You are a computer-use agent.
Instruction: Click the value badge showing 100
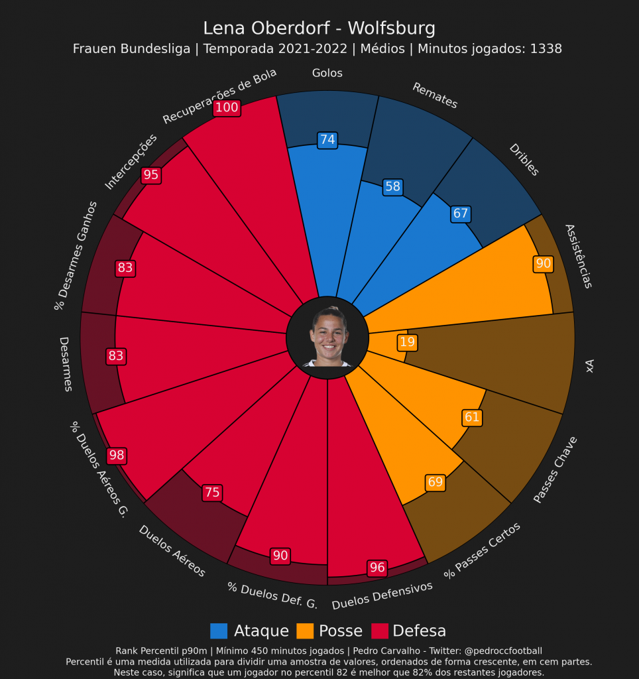(227, 107)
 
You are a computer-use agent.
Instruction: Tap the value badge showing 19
(407, 342)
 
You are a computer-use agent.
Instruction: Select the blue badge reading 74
(327, 140)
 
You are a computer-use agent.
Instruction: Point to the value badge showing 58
(392, 187)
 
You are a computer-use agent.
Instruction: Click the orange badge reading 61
(472, 418)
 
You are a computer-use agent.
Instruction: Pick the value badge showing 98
(116, 456)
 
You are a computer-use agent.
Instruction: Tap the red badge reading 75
(212, 493)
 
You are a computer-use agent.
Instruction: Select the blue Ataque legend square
(219, 631)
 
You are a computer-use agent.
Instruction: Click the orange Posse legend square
(305, 631)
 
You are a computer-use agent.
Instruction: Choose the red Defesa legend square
(380, 631)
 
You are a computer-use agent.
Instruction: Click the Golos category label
(327, 73)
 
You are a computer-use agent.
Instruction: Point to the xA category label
(589, 366)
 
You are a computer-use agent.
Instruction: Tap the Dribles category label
(524, 160)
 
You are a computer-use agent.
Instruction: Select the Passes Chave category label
(555, 469)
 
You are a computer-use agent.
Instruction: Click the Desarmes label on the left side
(66, 364)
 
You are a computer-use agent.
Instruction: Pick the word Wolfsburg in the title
(391, 29)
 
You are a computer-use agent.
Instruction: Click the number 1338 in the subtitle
(546, 48)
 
